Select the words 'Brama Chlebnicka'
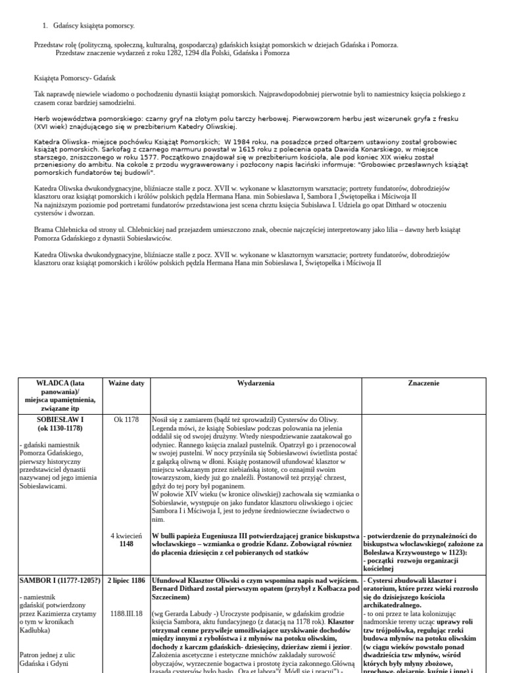[58, 230]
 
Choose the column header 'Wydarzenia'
[256, 383]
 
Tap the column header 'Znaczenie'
[423, 383]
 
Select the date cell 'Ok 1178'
[126, 419]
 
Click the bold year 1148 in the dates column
[126, 544]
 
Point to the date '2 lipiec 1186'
[126, 580]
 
